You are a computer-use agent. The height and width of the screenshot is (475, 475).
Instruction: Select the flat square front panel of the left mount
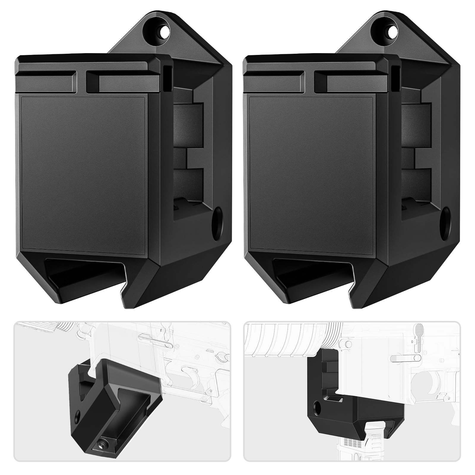click(85, 174)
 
